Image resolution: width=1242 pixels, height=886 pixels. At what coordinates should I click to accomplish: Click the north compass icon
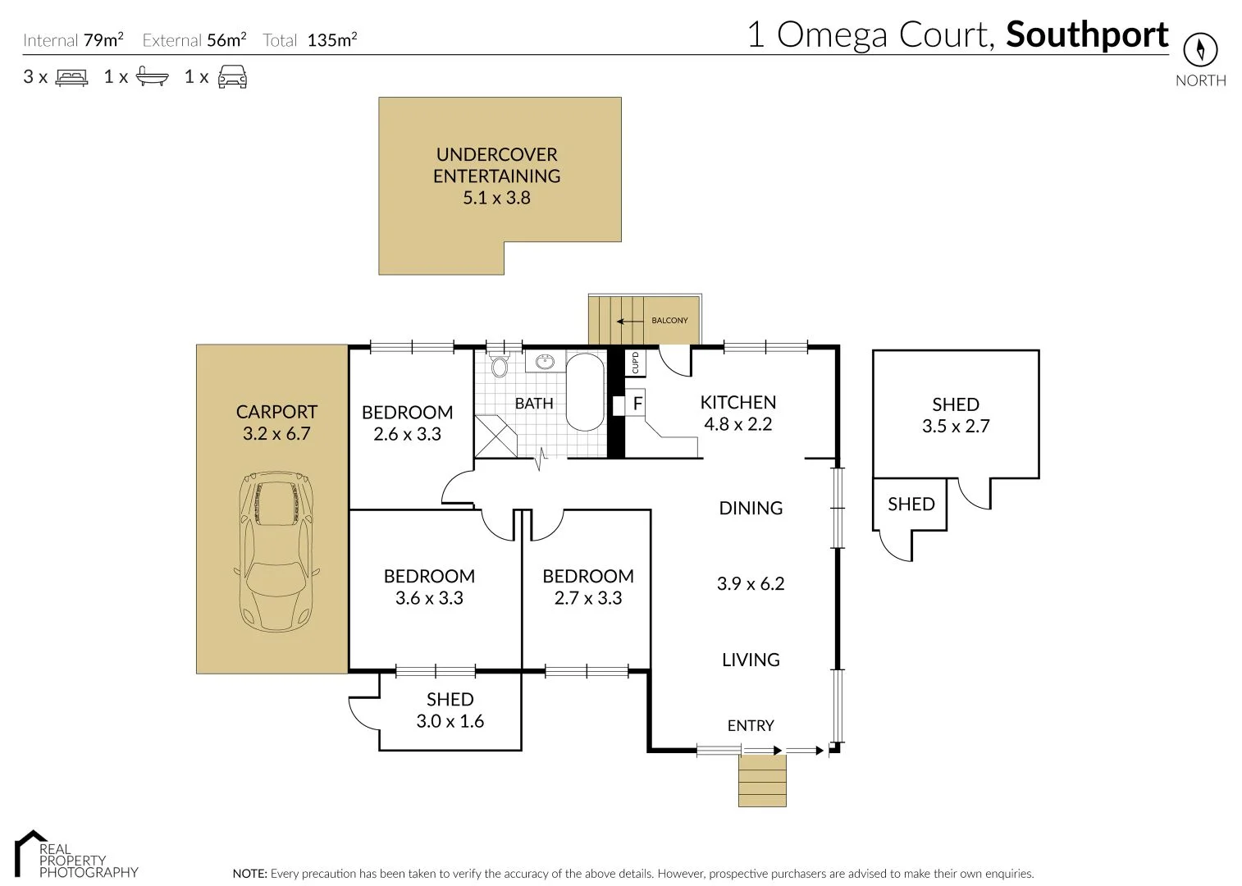(x=1200, y=51)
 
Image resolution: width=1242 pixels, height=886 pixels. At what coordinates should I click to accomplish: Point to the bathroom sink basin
(x=544, y=361)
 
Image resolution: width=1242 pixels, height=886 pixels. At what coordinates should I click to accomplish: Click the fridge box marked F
(x=637, y=404)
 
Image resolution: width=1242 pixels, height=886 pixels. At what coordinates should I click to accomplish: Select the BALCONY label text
(x=669, y=320)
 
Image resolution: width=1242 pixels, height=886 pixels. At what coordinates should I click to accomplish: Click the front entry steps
(x=762, y=780)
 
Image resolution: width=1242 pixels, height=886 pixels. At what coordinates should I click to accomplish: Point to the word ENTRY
(x=751, y=725)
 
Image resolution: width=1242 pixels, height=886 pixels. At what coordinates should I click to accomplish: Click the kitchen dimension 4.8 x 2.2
(x=737, y=424)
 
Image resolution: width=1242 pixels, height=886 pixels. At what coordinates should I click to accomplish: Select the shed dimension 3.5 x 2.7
(x=956, y=427)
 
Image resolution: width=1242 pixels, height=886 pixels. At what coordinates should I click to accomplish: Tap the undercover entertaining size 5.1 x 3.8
(x=496, y=198)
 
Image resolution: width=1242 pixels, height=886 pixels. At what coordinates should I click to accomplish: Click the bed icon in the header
(x=71, y=77)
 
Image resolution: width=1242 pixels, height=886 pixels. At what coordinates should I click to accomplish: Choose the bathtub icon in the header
(x=152, y=77)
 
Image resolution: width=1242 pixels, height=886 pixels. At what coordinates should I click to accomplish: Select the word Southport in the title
(x=1087, y=35)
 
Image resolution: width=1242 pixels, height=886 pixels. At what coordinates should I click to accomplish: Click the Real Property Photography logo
(x=76, y=855)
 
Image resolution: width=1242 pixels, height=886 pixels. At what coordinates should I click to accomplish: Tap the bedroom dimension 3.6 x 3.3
(x=429, y=599)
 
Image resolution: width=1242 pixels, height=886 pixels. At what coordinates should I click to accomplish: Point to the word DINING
(x=751, y=508)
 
